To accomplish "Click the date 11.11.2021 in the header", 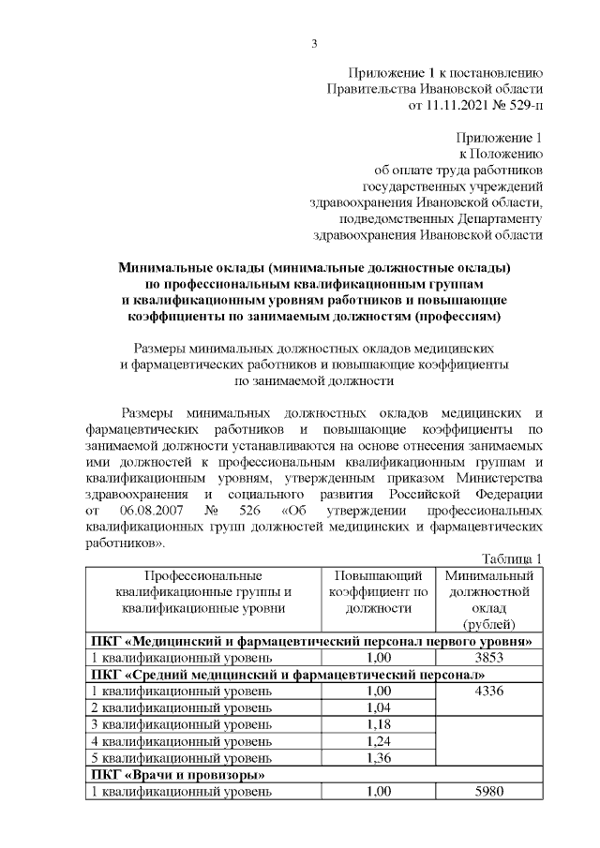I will coord(461,106).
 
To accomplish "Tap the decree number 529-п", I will coord(521,106).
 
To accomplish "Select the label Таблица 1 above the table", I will coord(513,559).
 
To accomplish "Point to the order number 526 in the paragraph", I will coord(248,511).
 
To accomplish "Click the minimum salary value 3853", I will coord(490,658).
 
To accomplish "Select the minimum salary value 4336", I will coord(490,692).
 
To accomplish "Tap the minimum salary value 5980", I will coord(490,793).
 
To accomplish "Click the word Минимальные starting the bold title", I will coord(170,267).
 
